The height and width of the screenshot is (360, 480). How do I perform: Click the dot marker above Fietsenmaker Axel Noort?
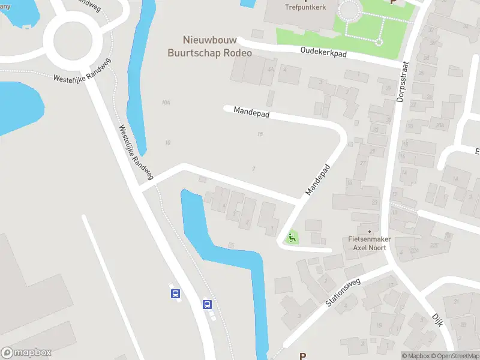tap(370, 231)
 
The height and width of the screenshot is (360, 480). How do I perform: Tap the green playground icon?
tap(292, 238)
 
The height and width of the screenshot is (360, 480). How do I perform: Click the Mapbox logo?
tap(26, 352)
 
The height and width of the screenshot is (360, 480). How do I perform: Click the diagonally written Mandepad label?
tap(317, 179)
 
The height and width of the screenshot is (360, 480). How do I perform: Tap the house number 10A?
tap(166, 103)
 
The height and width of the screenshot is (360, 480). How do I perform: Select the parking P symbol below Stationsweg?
tap(302, 356)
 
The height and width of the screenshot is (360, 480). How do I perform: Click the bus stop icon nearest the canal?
tap(207, 304)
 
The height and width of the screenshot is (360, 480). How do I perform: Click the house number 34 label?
tap(466, 26)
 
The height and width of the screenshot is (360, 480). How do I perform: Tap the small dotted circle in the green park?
tap(379, 42)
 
